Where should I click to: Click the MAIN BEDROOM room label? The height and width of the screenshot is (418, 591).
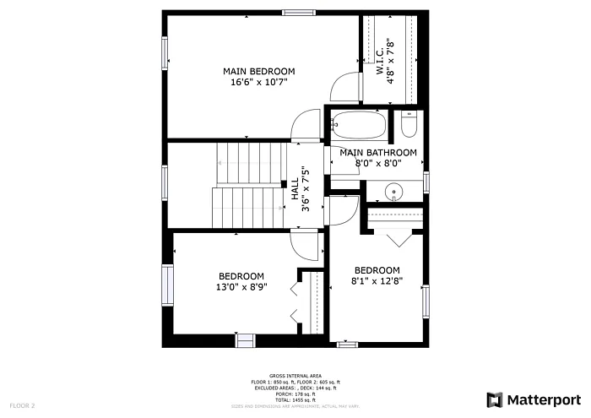[259, 70]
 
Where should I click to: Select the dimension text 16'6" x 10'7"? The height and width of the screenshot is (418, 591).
[259, 82]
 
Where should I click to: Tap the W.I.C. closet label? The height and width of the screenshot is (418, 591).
[380, 61]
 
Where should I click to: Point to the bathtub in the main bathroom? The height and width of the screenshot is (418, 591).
[359, 127]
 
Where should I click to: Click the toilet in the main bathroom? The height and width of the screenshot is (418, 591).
[409, 127]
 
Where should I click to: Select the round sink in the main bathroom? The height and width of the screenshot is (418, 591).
[394, 193]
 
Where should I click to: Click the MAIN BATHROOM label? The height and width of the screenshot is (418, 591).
[378, 153]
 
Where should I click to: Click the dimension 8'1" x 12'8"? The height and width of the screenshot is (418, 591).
[377, 281]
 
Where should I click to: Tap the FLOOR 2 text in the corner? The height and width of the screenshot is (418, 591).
[22, 406]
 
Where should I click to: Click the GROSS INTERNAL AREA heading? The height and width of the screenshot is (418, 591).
[295, 375]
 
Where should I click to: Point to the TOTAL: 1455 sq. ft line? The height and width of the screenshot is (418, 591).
[295, 400]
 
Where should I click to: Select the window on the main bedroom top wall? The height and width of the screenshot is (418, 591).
[295, 12]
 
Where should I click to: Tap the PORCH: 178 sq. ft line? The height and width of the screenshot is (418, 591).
[295, 394]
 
